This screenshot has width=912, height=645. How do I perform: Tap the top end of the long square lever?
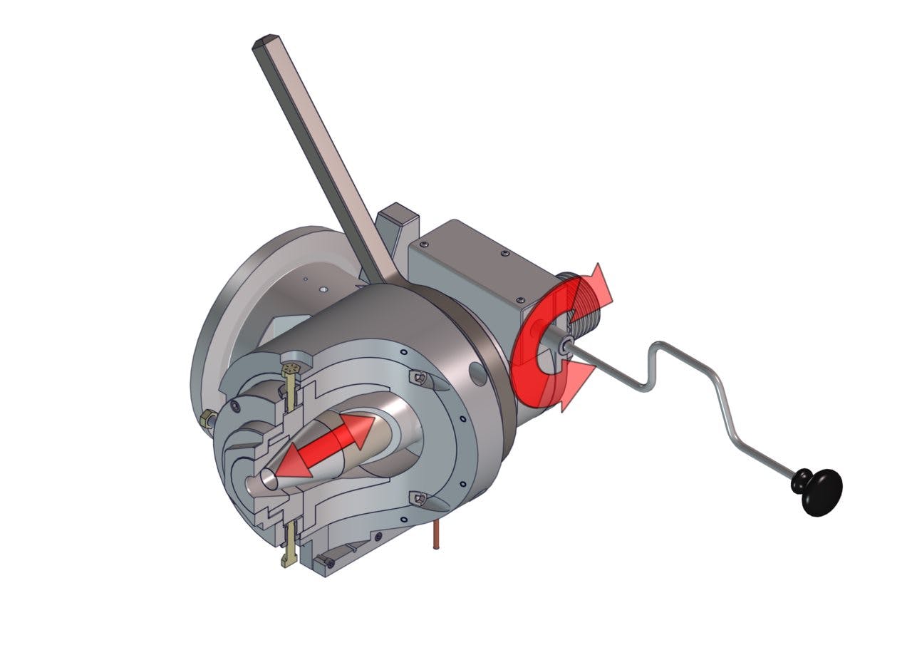264,41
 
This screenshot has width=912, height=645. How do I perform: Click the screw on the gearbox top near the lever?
426,244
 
